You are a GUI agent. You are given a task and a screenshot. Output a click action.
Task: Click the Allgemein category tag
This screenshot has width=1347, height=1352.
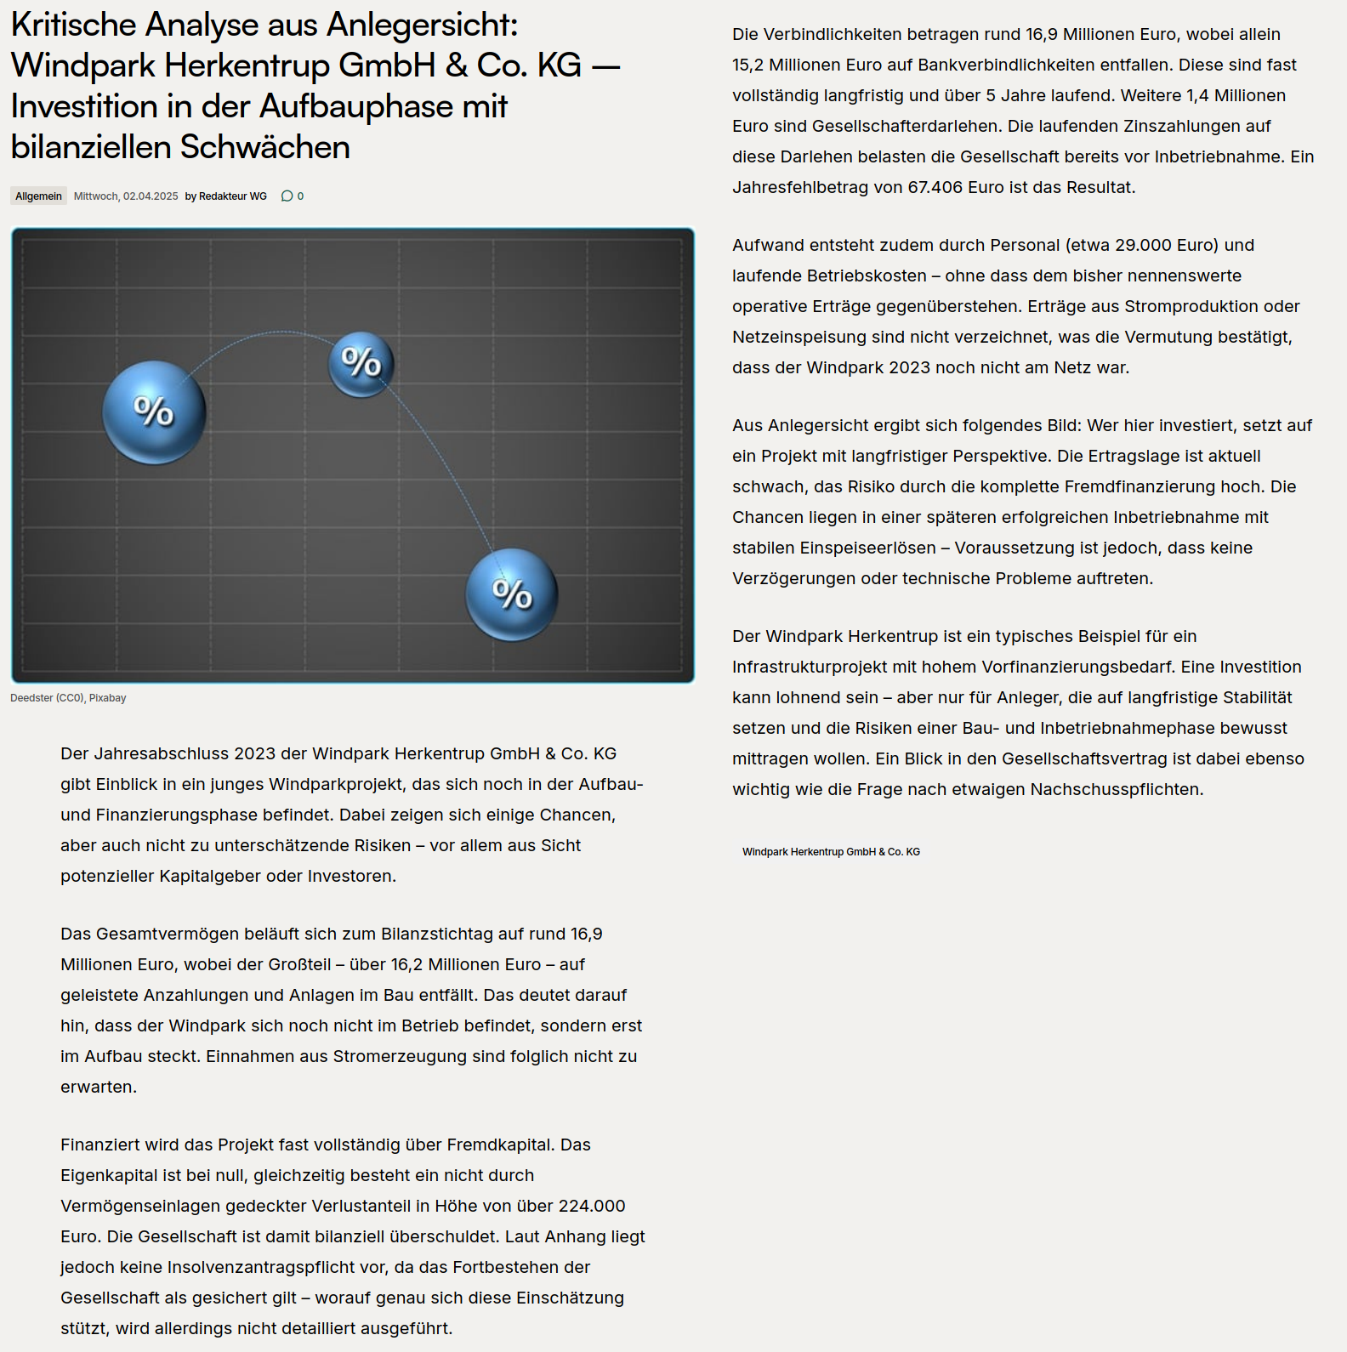(38, 196)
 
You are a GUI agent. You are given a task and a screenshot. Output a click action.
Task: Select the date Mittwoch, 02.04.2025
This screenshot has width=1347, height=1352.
(126, 196)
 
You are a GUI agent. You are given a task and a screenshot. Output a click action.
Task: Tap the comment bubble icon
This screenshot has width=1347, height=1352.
(287, 196)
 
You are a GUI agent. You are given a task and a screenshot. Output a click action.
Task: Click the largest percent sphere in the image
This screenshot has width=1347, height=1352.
(154, 412)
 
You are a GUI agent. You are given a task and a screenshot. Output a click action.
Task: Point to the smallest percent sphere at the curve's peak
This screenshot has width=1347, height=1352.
(361, 364)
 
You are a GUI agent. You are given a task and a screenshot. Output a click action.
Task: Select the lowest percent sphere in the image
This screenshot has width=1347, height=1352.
(512, 594)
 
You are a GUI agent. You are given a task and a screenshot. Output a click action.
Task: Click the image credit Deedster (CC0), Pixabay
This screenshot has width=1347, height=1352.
(68, 698)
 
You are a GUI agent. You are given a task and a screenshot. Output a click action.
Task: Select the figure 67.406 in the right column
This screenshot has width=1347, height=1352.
(935, 187)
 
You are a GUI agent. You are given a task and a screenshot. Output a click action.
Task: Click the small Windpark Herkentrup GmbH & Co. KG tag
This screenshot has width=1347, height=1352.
(831, 852)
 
